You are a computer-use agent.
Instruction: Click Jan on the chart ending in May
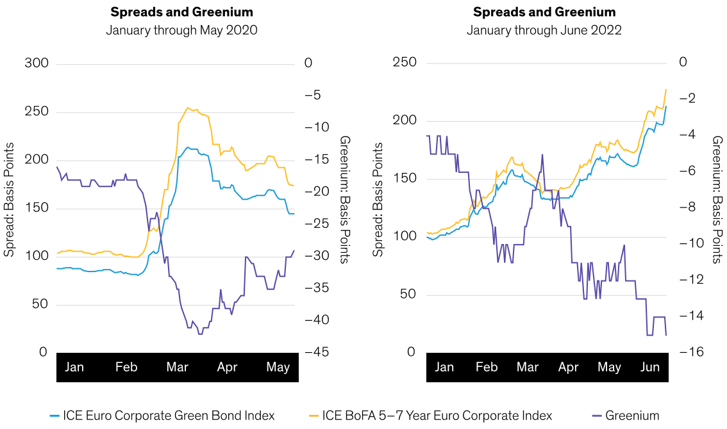pyautogui.click(x=74, y=368)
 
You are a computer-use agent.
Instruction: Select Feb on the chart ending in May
pyautogui.click(x=126, y=368)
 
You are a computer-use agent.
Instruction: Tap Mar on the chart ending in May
pyautogui.click(x=177, y=368)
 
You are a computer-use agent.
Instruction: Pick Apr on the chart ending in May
pyautogui.click(x=227, y=368)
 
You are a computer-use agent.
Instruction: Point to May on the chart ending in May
pyautogui.click(x=278, y=368)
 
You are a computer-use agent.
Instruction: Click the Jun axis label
pyautogui.click(x=650, y=368)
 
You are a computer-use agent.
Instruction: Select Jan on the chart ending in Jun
pyautogui.click(x=444, y=368)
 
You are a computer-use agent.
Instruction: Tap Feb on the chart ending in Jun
pyautogui.click(x=487, y=368)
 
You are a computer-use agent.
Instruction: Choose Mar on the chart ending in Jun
pyautogui.click(x=528, y=368)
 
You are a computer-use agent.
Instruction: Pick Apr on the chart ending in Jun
pyautogui.click(x=569, y=368)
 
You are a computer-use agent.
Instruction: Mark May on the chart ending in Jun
pyautogui.click(x=609, y=368)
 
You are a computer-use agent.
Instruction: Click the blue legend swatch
pyautogui.click(x=54, y=416)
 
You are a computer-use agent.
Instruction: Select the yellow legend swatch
pyautogui.click(x=314, y=416)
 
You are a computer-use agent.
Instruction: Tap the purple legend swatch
pyautogui.click(x=597, y=416)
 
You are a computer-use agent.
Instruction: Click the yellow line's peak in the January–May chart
pyautogui.click(x=187, y=108)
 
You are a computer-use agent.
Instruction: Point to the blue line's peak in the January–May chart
pyautogui.click(x=188, y=147)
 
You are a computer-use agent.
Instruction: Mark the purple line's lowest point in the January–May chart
pyautogui.click(x=200, y=334)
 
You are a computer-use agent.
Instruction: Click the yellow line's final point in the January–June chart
pyautogui.click(x=666, y=89)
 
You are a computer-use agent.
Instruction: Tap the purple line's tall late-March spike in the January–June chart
pyautogui.click(x=542, y=154)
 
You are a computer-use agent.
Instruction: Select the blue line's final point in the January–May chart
pyautogui.click(x=294, y=213)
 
